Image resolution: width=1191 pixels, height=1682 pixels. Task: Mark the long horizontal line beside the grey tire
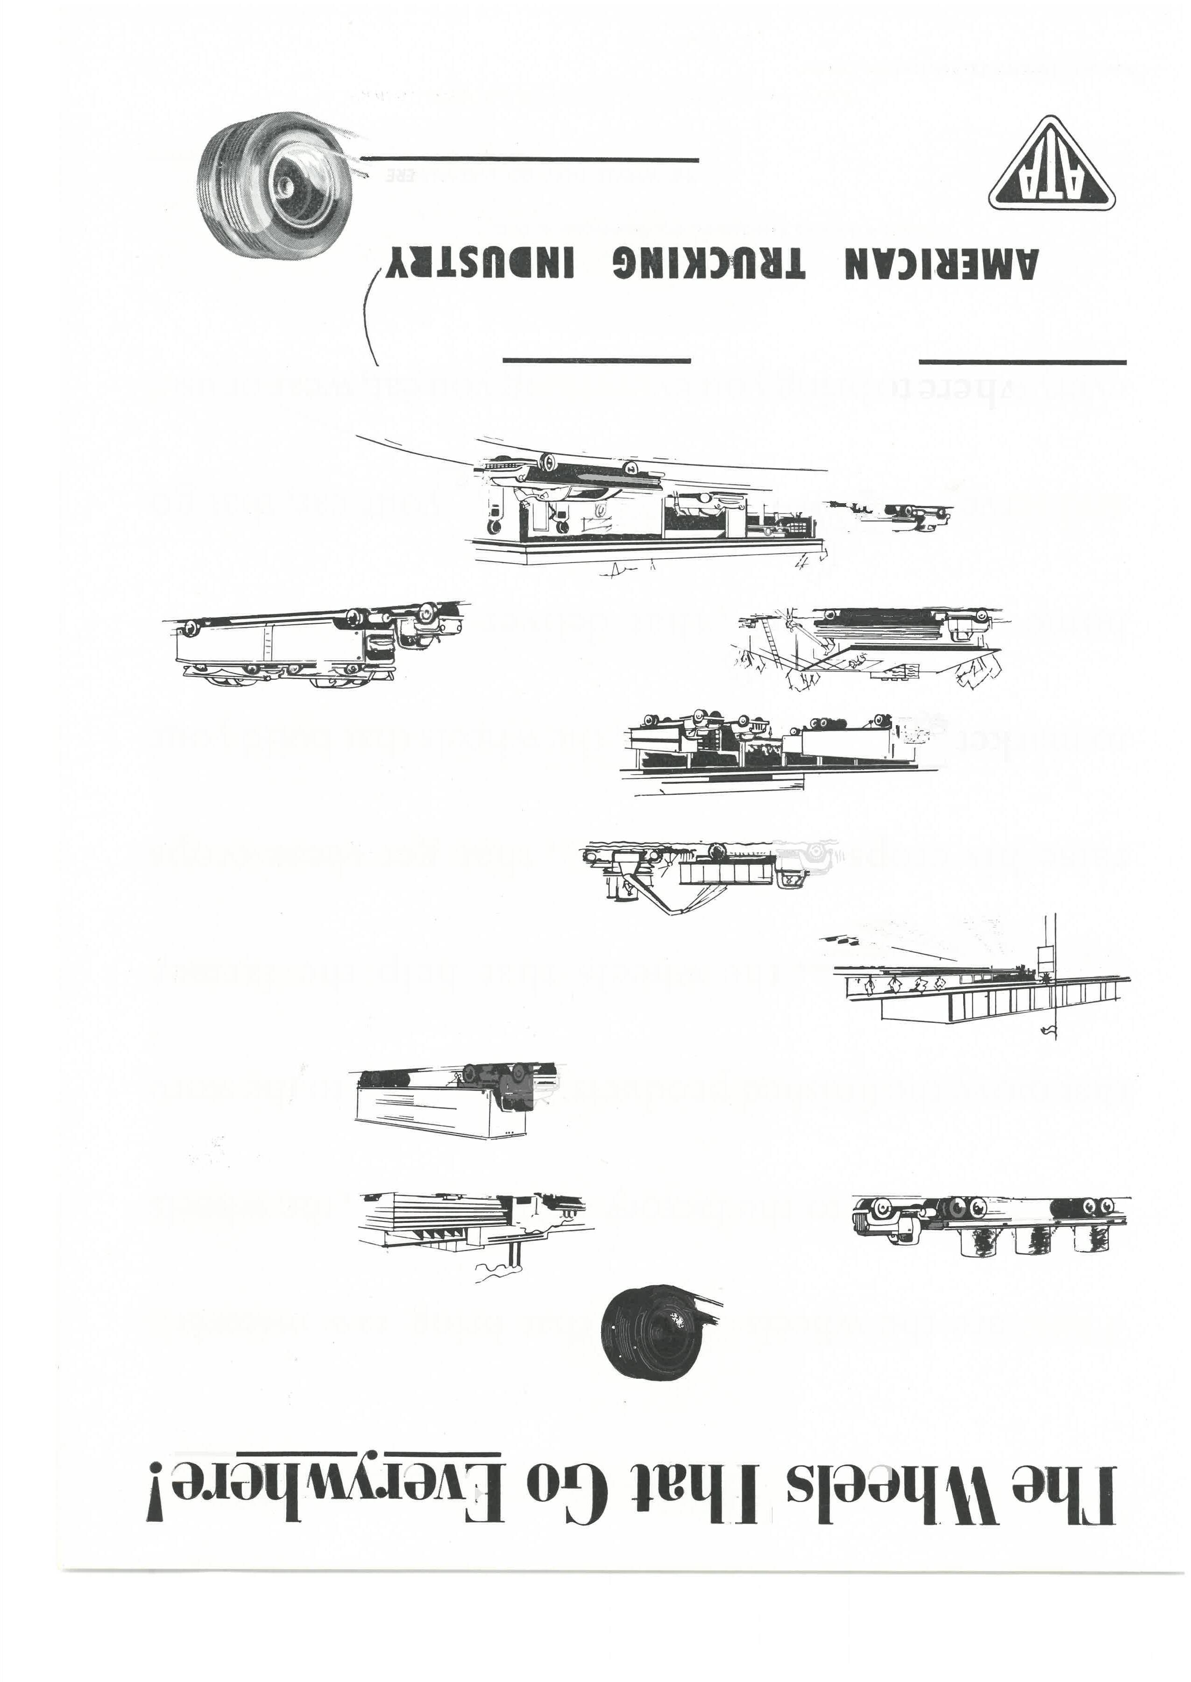530,160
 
